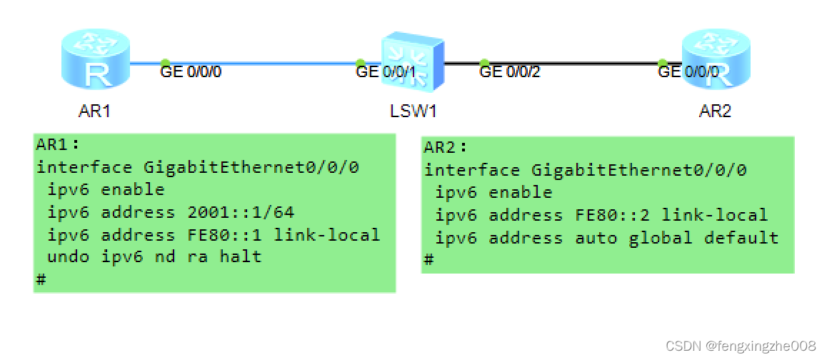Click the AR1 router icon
(95, 63)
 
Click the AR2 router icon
(715, 63)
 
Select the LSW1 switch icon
(412, 62)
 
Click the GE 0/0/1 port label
(386, 71)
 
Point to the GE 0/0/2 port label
(510, 71)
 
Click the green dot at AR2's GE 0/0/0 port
(663, 63)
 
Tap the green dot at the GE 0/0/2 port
(484, 63)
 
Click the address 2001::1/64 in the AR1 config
(241, 212)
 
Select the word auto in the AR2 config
(596, 237)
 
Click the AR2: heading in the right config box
(446, 148)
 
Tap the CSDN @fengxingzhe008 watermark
(740, 346)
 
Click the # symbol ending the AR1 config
(41, 279)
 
